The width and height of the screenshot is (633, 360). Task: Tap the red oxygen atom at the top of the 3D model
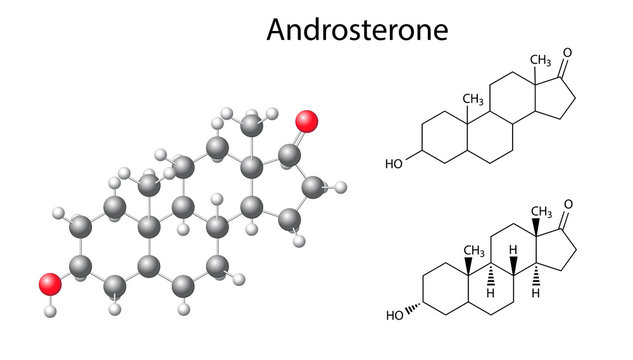click(x=307, y=121)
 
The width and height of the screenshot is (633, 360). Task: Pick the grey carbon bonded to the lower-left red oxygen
click(x=83, y=266)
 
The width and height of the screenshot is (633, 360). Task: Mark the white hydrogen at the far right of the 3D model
click(x=341, y=186)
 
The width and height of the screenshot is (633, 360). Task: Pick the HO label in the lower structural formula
click(x=394, y=319)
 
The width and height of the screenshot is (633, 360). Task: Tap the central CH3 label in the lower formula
click(x=471, y=249)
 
